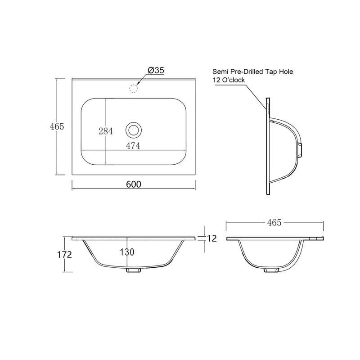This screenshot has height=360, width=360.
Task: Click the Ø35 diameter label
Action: point(156,70)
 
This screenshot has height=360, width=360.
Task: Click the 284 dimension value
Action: point(106,131)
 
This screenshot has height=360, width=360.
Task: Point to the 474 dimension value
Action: point(133,146)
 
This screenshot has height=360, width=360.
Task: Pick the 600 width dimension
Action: point(134,184)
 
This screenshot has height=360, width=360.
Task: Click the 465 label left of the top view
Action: point(57,126)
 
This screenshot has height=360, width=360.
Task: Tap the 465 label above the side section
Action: point(274,222)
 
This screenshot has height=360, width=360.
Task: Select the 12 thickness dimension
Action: point(212,238)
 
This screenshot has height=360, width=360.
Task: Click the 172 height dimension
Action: point(64,255)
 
